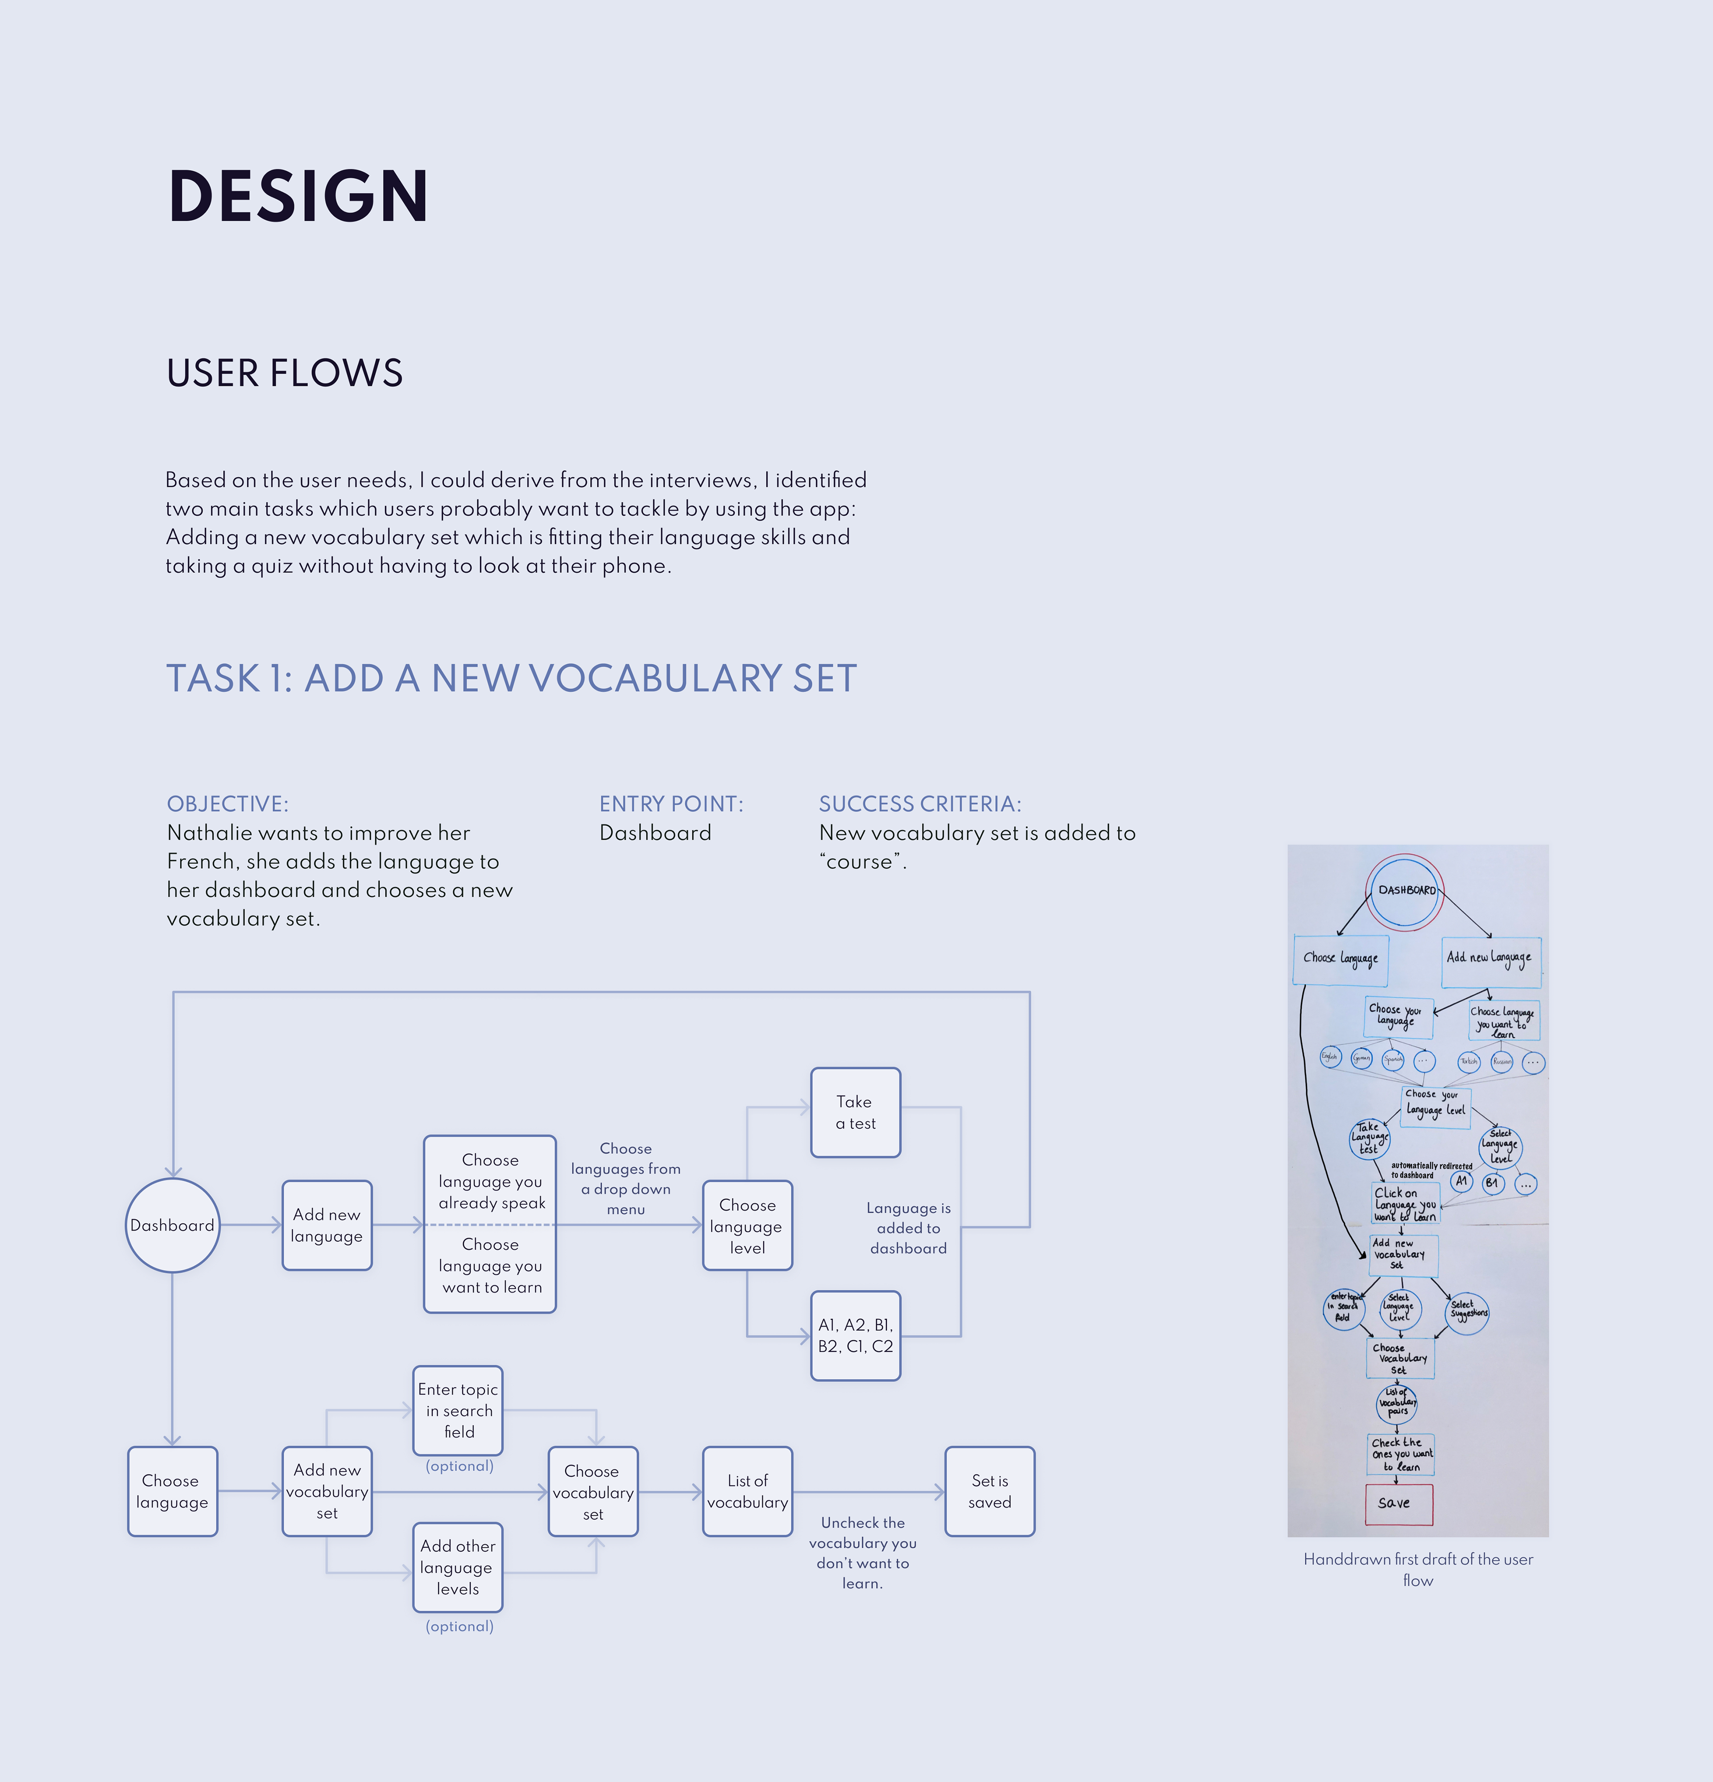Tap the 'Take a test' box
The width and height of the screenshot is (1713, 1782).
855,1112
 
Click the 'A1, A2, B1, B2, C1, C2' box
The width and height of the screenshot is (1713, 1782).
855,1335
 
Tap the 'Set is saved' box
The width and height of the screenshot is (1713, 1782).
989,1491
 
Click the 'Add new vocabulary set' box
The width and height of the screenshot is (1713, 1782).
327,1491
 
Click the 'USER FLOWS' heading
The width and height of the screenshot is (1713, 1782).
285,373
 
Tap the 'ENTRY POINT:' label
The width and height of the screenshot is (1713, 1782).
671,804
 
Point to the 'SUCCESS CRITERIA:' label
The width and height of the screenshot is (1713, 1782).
920,804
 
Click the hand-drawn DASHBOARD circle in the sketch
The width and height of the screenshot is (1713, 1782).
1406,891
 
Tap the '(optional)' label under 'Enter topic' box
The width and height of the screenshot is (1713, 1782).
459,1466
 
